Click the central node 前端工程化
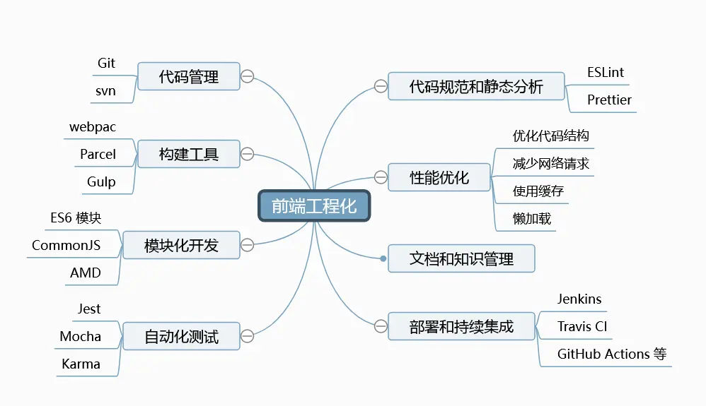pos(313,205)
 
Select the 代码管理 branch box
pos(189,76)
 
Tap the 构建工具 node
pos(189,154)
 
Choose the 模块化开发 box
pos(181,245)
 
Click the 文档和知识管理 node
pos(461,258)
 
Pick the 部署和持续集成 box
pos(461,326)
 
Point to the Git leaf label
pos(106,63)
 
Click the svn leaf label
pos(106,91)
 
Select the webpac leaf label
pos(93,127)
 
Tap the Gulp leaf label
pos(101,181)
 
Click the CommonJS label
pos(66,245)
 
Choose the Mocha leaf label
pos(81,336)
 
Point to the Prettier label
pos(609,100)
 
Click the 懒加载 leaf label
pos(532,218)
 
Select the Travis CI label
pos(582,326)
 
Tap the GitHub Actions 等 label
pos(612,354)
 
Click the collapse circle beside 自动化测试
pos(247,336)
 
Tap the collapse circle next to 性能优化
pos(381,177)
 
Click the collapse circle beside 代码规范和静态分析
pos(381,87)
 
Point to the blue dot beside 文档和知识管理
pos(383,258)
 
